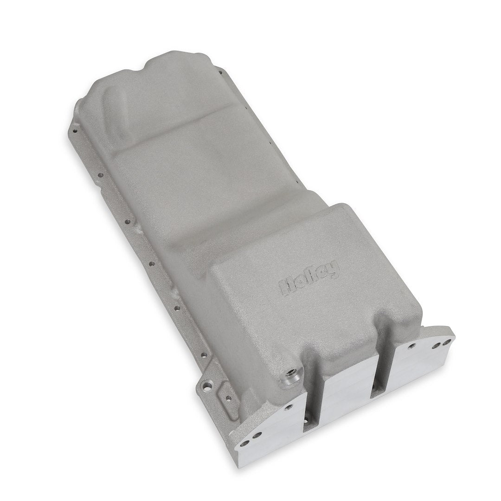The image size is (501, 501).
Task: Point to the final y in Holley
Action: click(334, 268)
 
